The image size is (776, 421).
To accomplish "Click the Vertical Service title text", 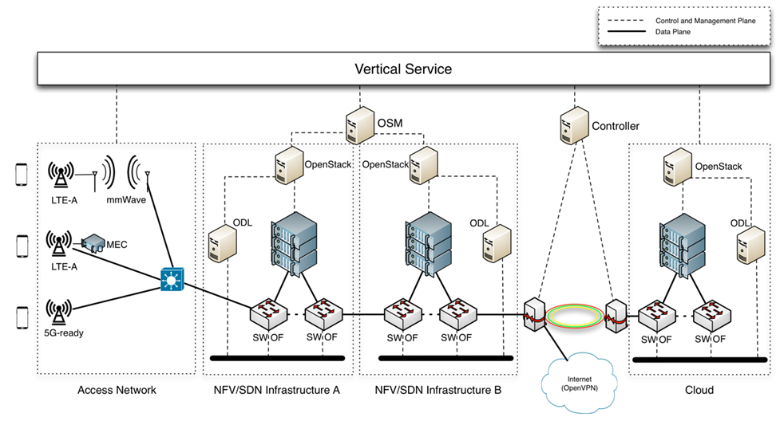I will point(402,69).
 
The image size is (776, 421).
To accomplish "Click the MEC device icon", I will point(94,241).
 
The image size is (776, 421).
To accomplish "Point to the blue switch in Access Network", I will point(171,280).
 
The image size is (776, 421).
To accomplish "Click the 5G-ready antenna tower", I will point(57,311).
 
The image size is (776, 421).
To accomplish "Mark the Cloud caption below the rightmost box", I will point(699,390).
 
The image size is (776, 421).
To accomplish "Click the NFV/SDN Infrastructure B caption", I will point(437,390).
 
